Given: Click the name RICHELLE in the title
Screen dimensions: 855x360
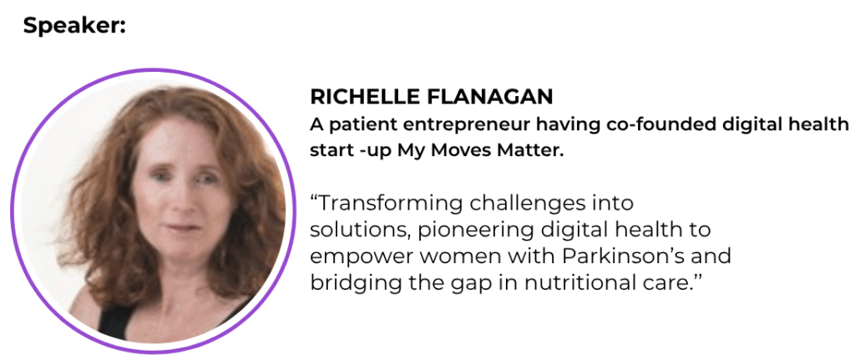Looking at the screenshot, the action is coord(366,97).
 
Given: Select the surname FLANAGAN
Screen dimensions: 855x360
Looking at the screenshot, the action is coord(490,97).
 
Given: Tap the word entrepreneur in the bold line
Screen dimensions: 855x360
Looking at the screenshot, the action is coord(466,125).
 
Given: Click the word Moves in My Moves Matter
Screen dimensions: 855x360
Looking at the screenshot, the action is coord(458,150).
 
